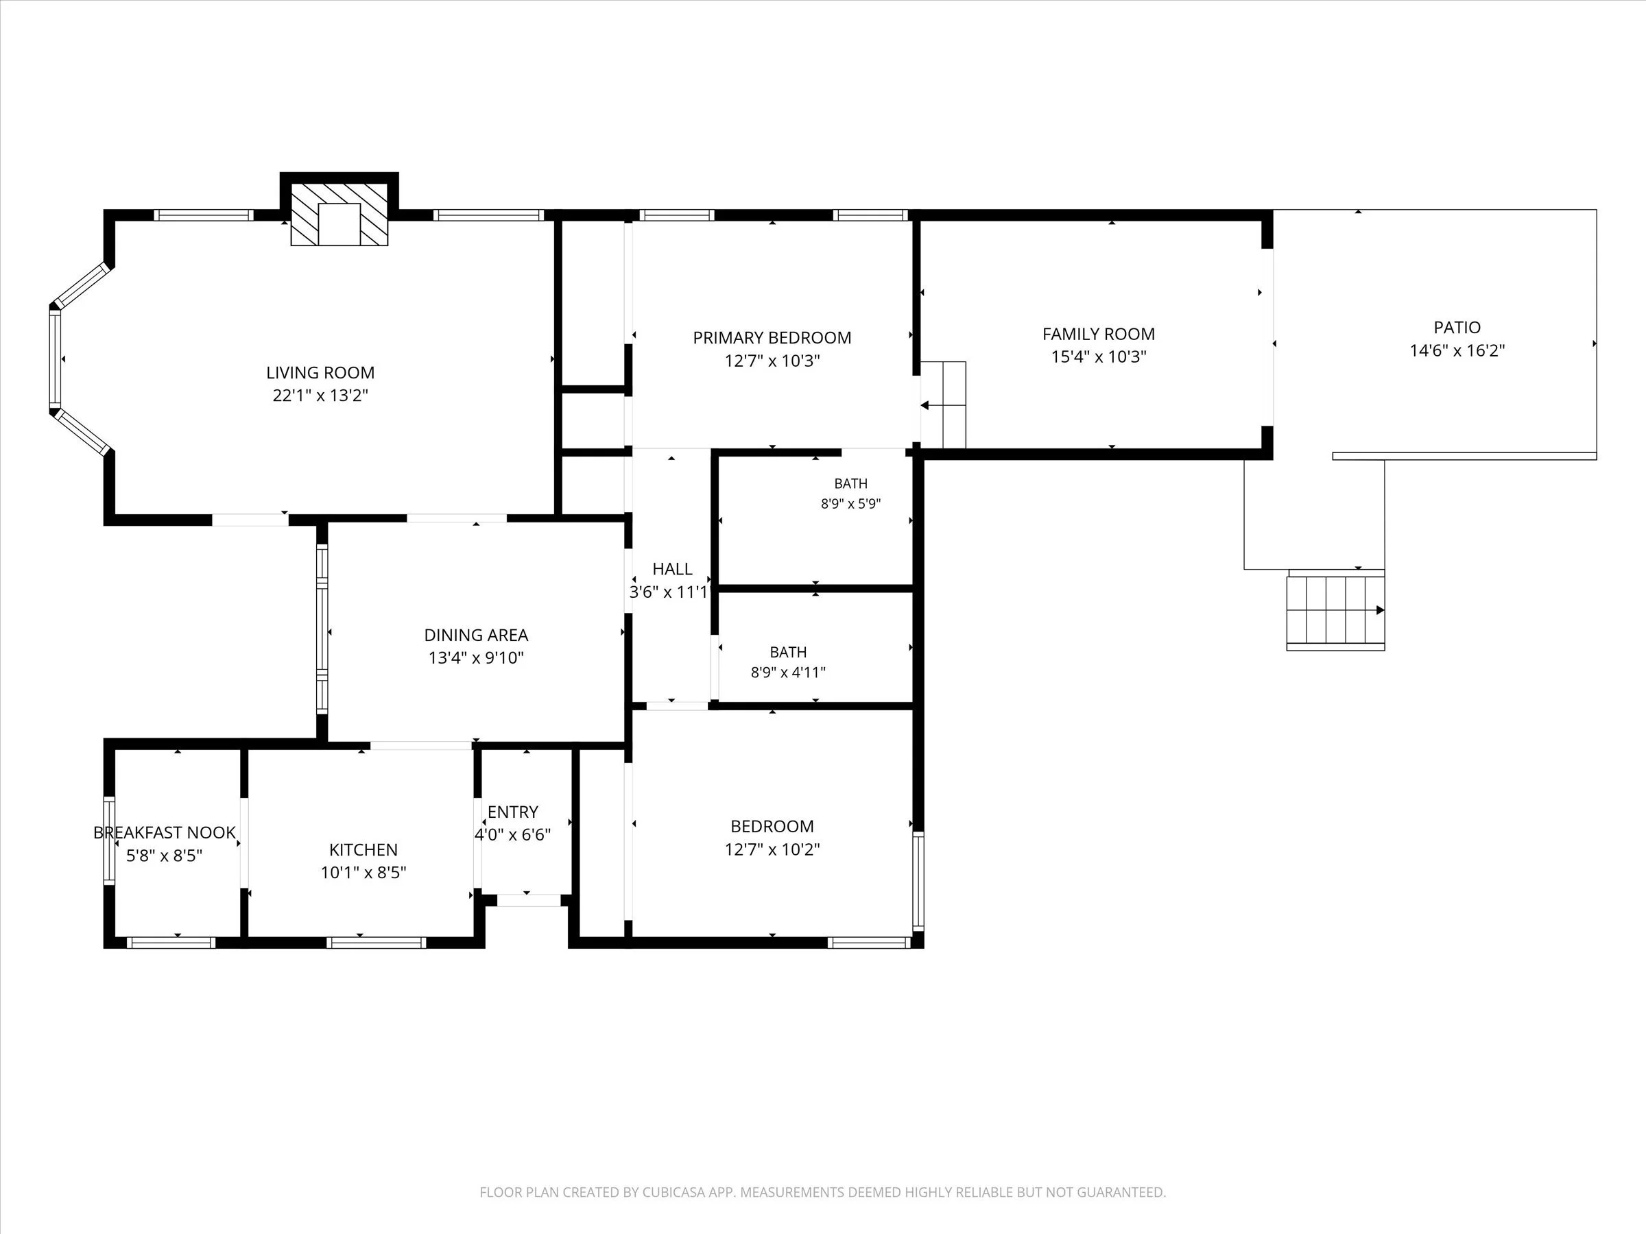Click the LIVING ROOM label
(x=320, y=373)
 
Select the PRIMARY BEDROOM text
(x=772, y=338)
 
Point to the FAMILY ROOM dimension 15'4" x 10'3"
(x=1098, y=357)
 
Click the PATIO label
(x=1457, y=327)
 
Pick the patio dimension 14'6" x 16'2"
(x=1457, y=350)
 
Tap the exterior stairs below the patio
(x=1336, y=611)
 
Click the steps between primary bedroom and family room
(x=944, y=405)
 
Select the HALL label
(x=672, y=569)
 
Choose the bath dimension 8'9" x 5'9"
(x=850, y=504)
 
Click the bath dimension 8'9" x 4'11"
(x=788, y=673)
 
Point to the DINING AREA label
(x=476, y=636)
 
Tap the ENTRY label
(x=513, y=812)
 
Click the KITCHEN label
(x=363, y=849)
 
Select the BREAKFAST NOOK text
(x=165, y=832)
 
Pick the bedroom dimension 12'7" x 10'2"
(x=772, y=849)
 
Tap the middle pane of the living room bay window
(x=55, y=359)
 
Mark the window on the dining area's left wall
(x=322, y=630)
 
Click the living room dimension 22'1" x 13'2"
(x=320, y=396)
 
